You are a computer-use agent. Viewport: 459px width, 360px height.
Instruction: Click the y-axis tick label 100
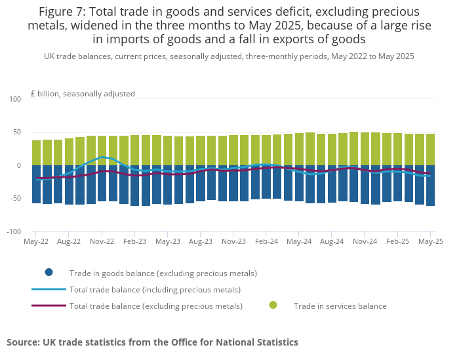point(15,99)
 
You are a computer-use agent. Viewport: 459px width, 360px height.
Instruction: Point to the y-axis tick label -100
point(14,231)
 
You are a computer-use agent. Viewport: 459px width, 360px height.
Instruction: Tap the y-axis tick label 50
point(17,132)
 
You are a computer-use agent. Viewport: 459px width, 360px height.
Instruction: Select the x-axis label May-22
point(36,241)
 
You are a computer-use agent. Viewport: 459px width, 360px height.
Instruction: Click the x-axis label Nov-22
point(102,241)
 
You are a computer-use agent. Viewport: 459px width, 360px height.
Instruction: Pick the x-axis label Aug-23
point(200,241)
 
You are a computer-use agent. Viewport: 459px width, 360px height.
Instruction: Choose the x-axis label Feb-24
point(266,241)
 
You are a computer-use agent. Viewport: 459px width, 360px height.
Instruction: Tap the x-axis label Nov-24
point(365,241)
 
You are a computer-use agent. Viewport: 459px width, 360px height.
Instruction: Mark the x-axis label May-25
point(431,241)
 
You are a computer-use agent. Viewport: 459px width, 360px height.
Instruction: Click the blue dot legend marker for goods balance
point(49,273)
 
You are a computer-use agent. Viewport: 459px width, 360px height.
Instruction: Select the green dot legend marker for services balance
point(273,306)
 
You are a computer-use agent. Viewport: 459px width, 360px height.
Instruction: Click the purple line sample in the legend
point(49,306)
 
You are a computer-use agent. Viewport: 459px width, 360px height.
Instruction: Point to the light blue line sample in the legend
point(49,289)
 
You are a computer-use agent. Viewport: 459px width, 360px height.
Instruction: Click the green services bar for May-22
point(37,153)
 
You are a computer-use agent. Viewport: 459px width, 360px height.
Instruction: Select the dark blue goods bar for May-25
point(431,186)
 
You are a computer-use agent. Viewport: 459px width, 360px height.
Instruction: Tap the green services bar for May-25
point(431,150)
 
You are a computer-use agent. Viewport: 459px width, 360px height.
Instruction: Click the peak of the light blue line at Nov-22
point(103,157)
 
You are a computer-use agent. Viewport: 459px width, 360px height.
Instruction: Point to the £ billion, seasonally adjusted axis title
point(83,94)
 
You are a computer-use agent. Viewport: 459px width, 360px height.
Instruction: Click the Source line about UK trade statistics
point(152,342)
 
